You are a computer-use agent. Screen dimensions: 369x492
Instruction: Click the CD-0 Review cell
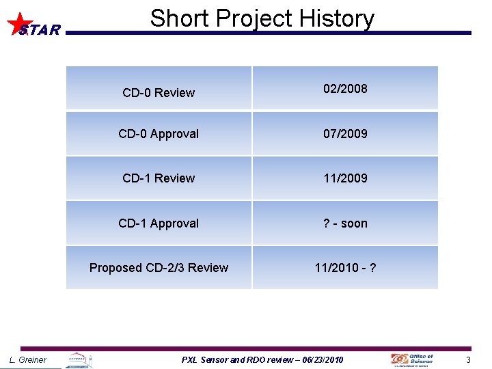click(159, 93)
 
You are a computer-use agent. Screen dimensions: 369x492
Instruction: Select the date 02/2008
click(345, 89)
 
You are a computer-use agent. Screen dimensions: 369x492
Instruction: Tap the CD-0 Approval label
click(159, 134)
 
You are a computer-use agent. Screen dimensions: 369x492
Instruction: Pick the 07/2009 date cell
click(345, 134)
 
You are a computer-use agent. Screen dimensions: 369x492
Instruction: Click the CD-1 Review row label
click(159, 178)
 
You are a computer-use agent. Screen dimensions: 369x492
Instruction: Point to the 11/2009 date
click(345, 178)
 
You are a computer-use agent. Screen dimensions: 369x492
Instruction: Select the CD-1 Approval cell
click(159, 223)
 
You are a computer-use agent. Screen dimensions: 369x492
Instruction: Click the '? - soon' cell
click(345, 223)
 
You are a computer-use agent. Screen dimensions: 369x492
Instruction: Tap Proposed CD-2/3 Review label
click(159, 268)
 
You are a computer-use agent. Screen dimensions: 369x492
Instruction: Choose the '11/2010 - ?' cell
click(345, 268)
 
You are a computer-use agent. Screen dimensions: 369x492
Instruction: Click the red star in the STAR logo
click(18, 23)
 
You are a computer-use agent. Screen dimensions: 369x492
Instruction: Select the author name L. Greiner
click(28, 360)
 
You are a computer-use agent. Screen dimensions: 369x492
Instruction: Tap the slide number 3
click(469, 360)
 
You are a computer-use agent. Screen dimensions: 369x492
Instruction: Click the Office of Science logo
click(412, 359)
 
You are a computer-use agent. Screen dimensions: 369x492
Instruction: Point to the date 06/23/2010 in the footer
click(320, 360)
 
